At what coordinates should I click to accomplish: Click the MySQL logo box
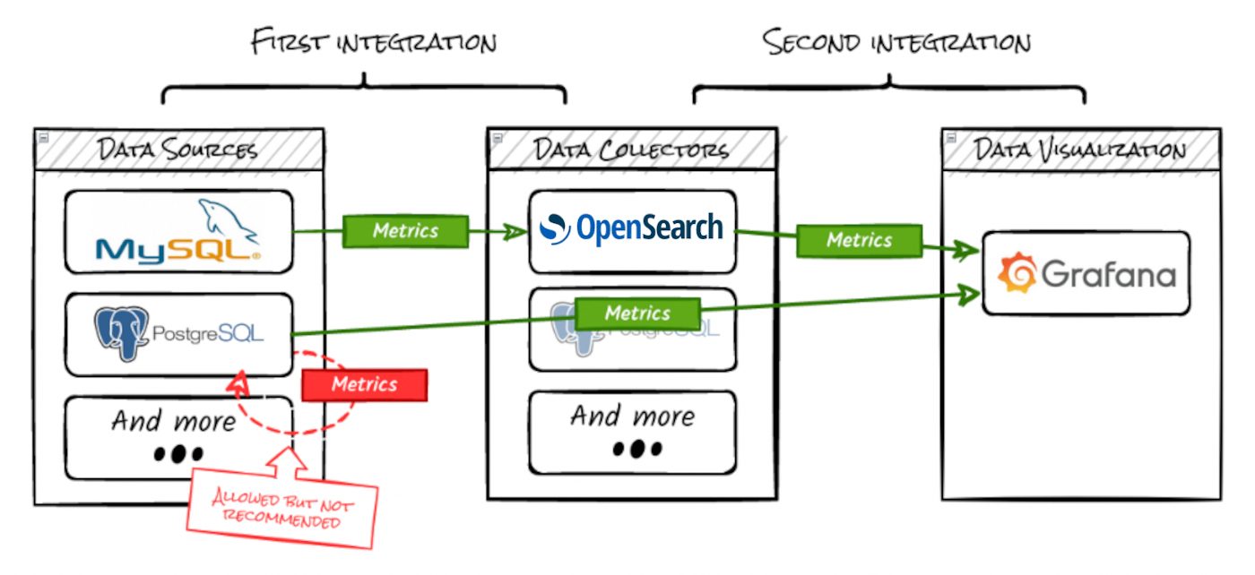[178, 232]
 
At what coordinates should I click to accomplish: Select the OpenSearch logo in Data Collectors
[632, 229]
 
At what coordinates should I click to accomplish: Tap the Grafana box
[1086, 273]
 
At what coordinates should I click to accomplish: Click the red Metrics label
[364, 384]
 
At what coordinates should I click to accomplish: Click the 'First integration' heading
[374, 41]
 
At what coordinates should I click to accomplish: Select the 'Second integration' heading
[896, 41]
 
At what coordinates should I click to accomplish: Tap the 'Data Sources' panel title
[178, 149]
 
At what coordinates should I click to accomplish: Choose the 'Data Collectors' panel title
[632, 149]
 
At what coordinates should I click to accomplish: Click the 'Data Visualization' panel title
[1080, 149]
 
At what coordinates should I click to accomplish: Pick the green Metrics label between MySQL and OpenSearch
[405, 231]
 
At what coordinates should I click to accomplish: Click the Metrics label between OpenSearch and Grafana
[859, 240]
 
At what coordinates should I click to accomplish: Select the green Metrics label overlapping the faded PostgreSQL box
[637, 313]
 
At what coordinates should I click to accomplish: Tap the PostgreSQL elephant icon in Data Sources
[122, 333]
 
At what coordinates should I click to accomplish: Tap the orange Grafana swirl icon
[1017, 273]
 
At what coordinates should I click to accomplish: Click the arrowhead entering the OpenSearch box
[517, 232]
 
